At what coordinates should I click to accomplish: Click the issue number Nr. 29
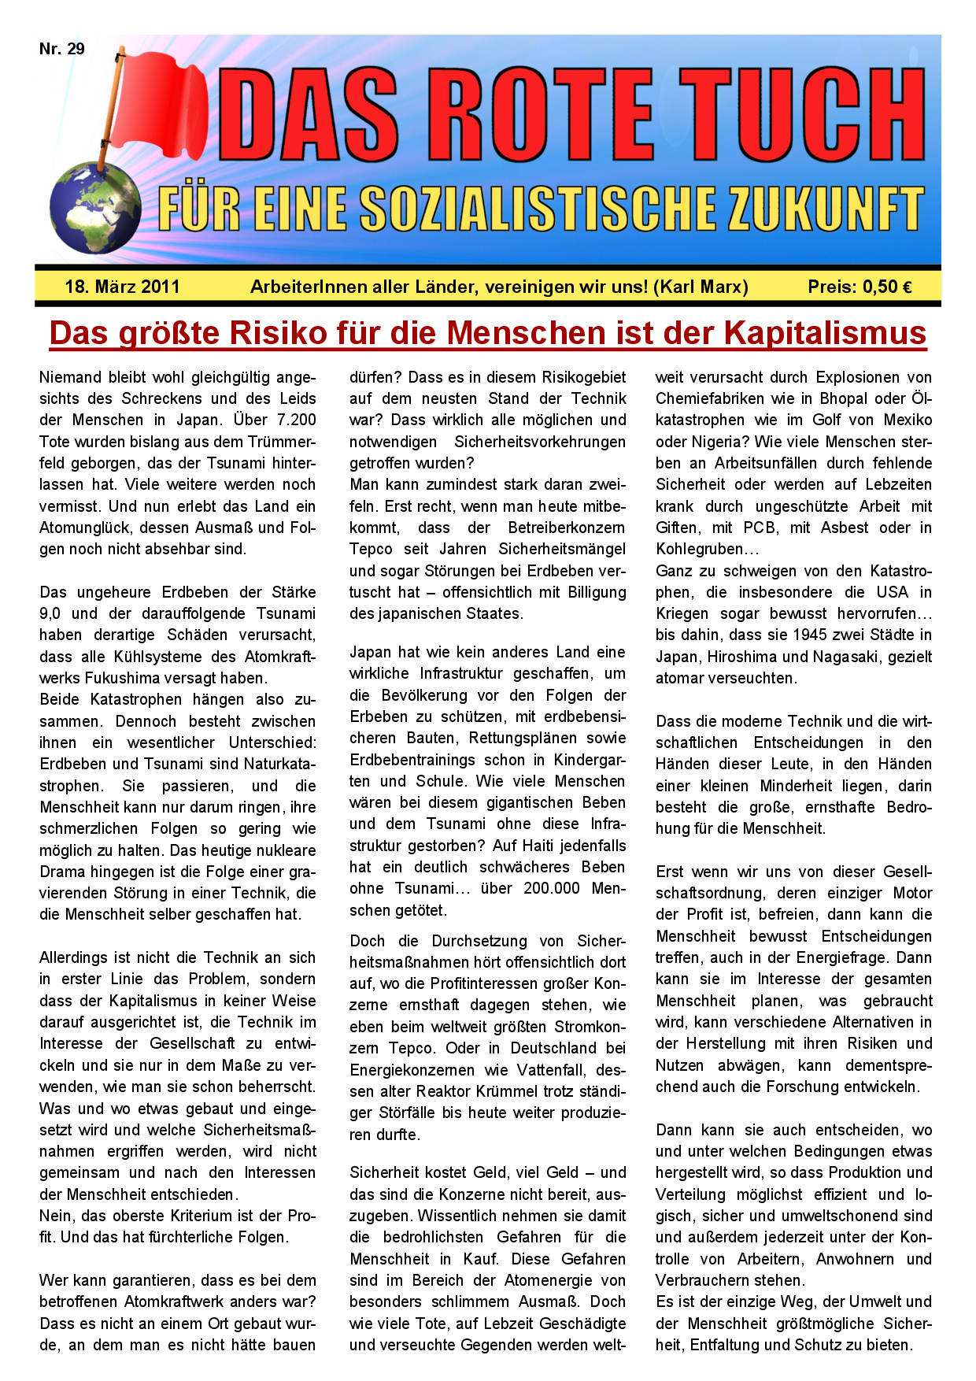click(x=62, y=49)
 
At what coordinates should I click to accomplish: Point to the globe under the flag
click(x=94, y=209)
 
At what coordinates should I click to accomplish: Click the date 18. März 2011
click(x=122, y=287)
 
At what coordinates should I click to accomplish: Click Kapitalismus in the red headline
click(x=825, y=333)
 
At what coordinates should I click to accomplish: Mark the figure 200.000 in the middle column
click(x=553, y=889)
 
